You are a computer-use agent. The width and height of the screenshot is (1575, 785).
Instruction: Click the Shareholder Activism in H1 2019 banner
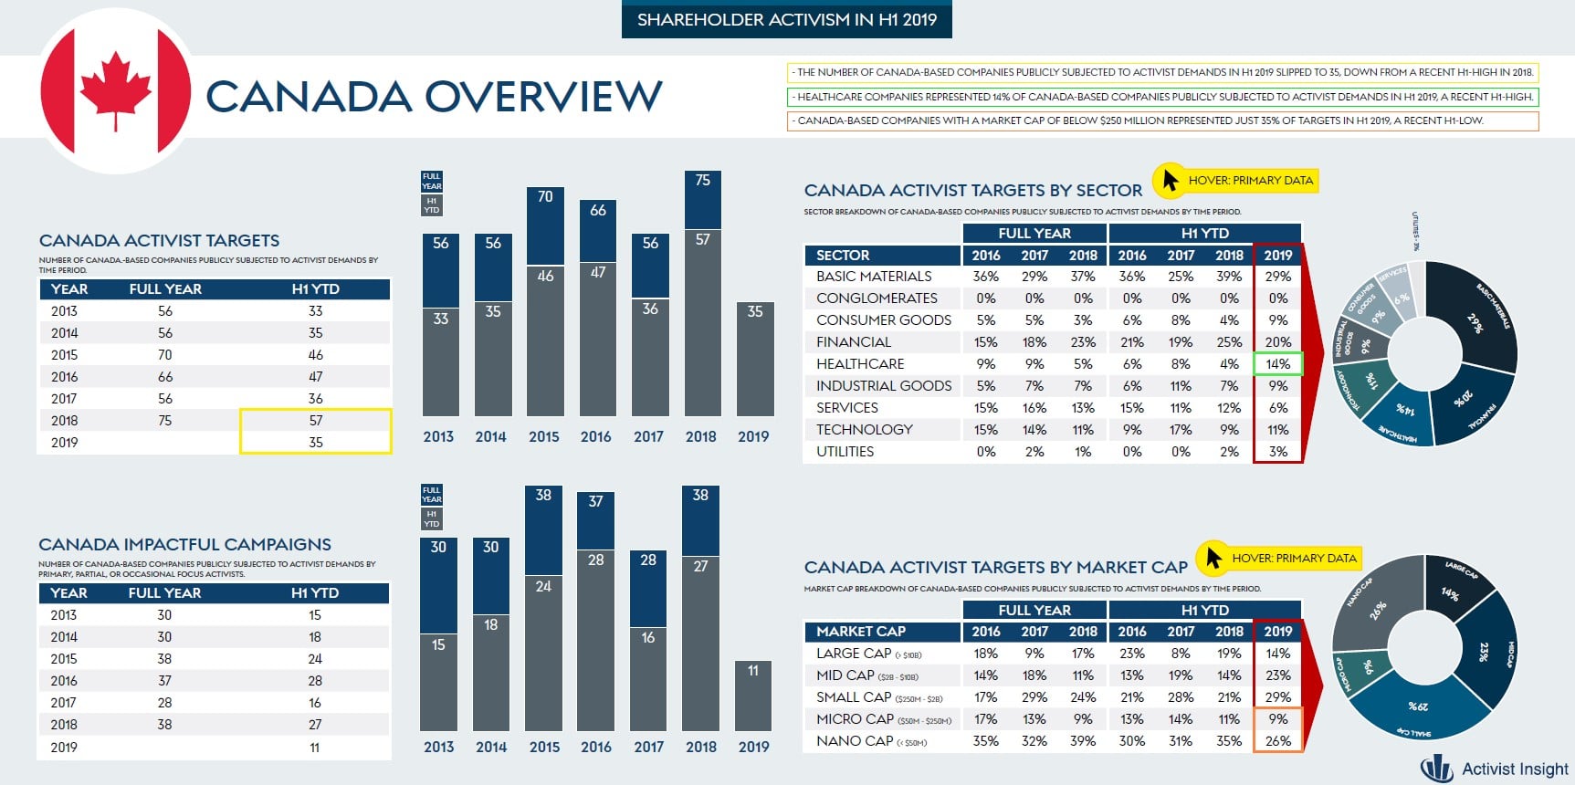(786, 20)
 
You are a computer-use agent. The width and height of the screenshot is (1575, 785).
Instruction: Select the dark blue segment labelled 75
(702, 199)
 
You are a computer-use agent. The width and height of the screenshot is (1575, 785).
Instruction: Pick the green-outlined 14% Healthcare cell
(1277, 364)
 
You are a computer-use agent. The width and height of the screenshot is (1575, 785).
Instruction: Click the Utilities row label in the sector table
(845, 452)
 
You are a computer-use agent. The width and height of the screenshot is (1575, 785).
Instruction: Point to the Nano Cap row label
(855, 741)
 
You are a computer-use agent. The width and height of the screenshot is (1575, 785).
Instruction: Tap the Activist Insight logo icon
(1437, 769)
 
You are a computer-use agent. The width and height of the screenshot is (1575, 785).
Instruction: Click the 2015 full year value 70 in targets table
(165, 355)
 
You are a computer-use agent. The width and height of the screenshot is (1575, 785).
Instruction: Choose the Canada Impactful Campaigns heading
(184, 545)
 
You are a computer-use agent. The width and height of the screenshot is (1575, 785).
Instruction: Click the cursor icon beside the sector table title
(1168, 181)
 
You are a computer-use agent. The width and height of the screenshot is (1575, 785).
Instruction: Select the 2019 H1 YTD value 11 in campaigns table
(315, 748)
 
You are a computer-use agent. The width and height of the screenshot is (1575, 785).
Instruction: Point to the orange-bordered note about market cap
(1162, 120)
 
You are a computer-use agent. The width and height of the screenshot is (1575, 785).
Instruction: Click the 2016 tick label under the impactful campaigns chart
(596, 747)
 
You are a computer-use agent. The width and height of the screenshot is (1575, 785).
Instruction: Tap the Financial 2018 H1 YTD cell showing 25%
(1229, 342)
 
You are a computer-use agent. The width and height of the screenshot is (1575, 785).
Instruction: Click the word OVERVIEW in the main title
(543, 97)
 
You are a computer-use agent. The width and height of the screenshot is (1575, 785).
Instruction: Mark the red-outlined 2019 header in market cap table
(1277, 632)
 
